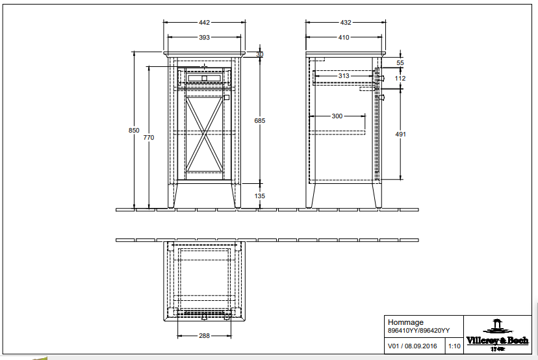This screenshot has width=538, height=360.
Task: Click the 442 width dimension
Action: point(205,22)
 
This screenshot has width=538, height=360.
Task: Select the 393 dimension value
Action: point(205,38)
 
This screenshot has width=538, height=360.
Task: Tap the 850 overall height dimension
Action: point(134,130)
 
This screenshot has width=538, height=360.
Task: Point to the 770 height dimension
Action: point(149,137)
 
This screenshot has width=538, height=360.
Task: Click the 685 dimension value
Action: point(260,120)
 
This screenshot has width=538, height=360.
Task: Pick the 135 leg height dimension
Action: point(260,196)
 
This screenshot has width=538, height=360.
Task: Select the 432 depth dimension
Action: point(346,22)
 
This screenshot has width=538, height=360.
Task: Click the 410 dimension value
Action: point(343,38)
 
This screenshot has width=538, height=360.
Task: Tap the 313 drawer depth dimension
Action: point(344,76)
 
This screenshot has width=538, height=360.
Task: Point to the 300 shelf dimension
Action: point(337,116)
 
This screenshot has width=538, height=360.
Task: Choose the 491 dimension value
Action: point(401,134)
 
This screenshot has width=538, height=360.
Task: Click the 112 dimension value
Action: point(400,79)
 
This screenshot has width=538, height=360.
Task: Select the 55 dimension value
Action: point(400,62)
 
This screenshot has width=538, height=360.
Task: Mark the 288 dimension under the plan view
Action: point(205,336)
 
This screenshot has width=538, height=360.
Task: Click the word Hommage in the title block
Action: point(405,322)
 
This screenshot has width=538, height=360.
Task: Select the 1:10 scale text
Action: point(454,347)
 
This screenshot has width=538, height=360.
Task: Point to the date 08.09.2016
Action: point(424,347)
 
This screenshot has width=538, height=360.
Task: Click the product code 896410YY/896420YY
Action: point(418,331)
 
